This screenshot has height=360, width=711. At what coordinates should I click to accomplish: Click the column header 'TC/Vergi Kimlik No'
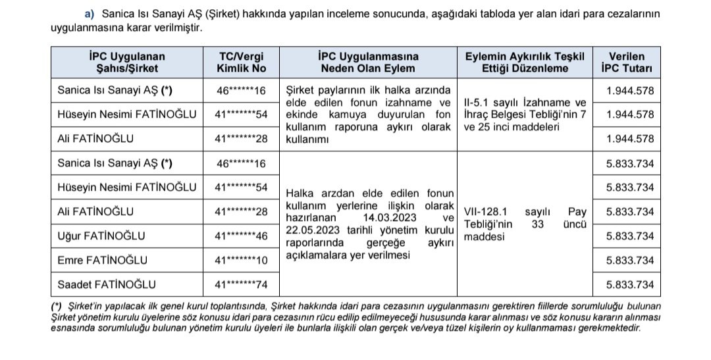pyautogui.click(x=240, y=62)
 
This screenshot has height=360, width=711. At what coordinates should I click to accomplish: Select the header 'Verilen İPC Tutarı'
pyautogui.click(x=626, y=62)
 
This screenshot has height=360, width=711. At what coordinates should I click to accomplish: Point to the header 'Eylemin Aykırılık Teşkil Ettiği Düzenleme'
pyautogui.click(x=525, y=62)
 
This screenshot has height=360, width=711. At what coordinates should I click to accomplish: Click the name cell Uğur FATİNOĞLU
pyautogui.click(x=101, y=236)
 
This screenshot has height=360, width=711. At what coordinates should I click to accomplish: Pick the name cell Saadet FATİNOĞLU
pyautogui.click(x=107, y=284)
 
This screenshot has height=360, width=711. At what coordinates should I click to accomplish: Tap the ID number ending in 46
pyautogui.click(x=242, y=236)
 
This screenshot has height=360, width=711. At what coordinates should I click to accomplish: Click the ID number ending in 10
pyautogui.click(x=242, y=261)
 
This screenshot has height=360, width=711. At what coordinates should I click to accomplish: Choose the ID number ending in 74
pyautogui.click(x=242, y=285)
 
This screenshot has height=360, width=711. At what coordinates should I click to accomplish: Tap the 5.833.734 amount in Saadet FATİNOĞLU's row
pyautogui.click(x=630, y=284)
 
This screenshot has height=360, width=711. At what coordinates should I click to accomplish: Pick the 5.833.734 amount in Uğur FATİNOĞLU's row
pyautogui.click(x=630, y=236)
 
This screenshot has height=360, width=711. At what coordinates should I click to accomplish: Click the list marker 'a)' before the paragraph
pyautogui.click(x=90, y=14)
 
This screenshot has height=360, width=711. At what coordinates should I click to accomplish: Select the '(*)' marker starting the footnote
pyautogui.click(x=57, y=307)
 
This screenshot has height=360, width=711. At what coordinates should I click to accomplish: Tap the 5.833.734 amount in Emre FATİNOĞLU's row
pyautogui.click(x=630, y=260)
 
